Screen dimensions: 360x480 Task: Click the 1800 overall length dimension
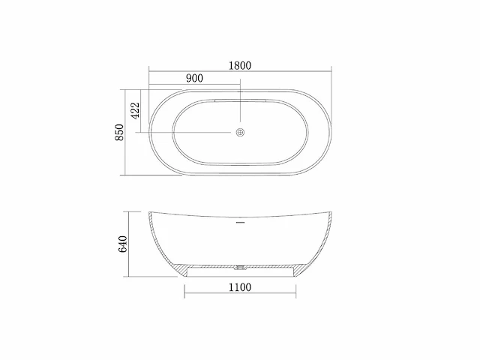(x=239, y=65)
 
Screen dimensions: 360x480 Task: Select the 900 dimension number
(x=194, y=79)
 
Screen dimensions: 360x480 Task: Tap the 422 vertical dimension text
(x=135, y=111)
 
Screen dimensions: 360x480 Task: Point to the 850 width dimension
(x=118, y=133)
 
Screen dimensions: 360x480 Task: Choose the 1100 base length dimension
(x=240, y=286)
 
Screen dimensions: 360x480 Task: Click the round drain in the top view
(x=240, y=133)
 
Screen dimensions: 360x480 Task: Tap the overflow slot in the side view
(x=240, y=222)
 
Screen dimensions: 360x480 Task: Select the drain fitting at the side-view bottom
(x=240, y=265)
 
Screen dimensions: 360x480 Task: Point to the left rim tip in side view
(x=150, y=212)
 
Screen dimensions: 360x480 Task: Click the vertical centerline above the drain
(x=240, y=105)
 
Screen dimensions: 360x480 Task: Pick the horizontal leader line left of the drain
(x=187, y=133)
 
